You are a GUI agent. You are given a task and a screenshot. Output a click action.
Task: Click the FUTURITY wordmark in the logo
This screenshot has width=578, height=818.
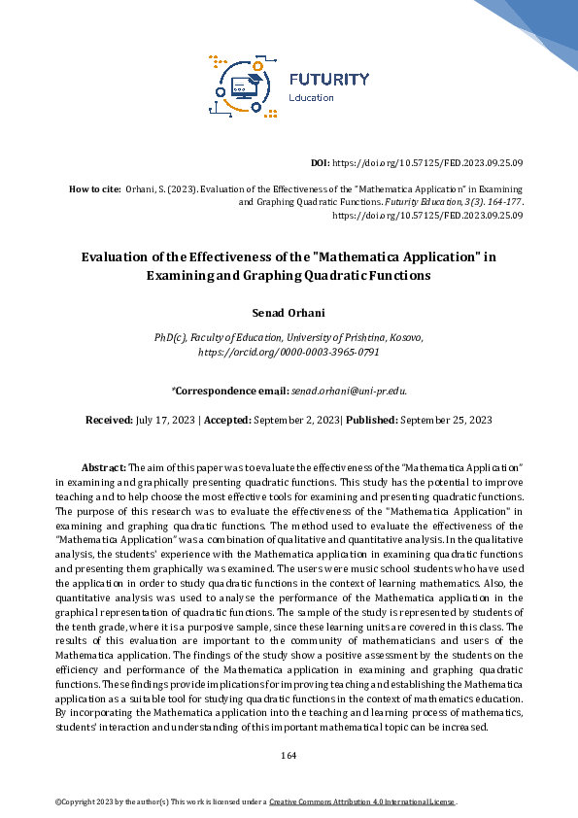329,79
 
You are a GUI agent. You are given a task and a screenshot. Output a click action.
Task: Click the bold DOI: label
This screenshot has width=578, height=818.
320,164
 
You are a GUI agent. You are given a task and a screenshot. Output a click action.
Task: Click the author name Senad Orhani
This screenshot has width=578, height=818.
289,313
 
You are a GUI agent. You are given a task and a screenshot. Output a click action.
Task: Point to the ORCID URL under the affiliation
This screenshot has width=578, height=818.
289,351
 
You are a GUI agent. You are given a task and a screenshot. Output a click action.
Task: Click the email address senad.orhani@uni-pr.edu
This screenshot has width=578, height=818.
349,391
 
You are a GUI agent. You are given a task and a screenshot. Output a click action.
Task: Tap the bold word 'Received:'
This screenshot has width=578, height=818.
109,420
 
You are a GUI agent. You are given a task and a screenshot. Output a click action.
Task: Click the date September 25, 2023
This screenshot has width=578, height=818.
447,420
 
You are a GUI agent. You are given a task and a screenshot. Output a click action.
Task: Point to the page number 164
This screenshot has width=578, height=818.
289,755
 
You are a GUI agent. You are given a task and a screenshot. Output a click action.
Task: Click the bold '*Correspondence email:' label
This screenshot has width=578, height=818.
229,391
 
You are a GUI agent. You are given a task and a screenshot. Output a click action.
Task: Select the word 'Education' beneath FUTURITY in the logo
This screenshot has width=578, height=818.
312,97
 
